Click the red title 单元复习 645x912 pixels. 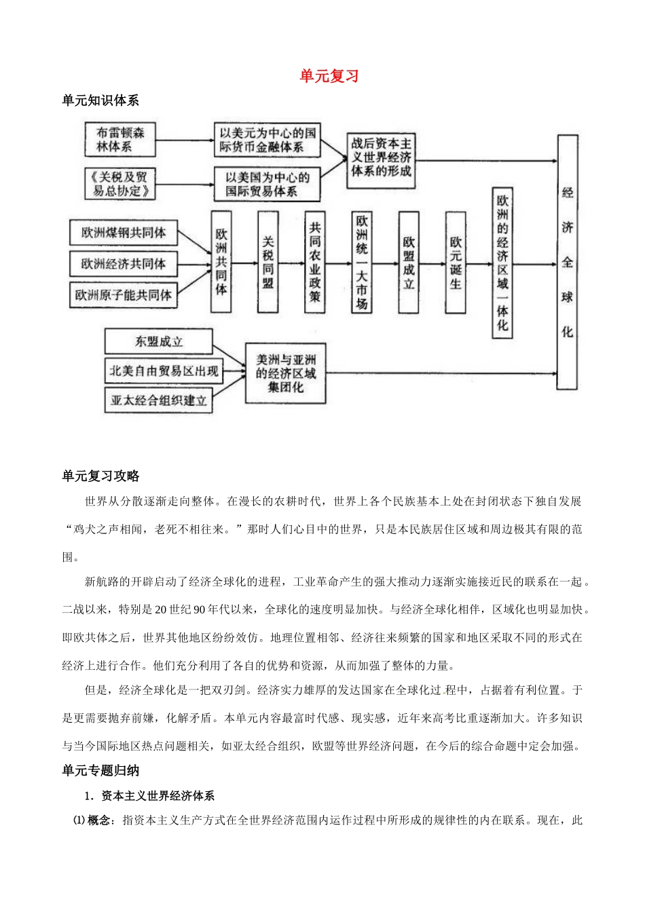click(329, 76)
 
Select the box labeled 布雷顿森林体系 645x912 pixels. click(120, 139)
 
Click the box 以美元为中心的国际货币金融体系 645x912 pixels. click(267, 140)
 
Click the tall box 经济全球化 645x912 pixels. click(567, 262)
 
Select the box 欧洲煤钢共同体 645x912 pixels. click(123, 233)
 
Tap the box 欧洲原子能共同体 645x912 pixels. click(123, 295)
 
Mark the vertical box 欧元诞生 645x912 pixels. click(456, 262)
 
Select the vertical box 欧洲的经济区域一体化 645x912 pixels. click(502, 262)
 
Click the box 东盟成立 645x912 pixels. click(158, 341)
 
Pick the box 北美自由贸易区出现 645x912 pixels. click(164, 371)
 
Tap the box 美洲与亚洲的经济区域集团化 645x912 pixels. click(285, 373)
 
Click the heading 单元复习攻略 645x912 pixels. click(100, 476)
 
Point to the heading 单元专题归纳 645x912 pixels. click(100, 770)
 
